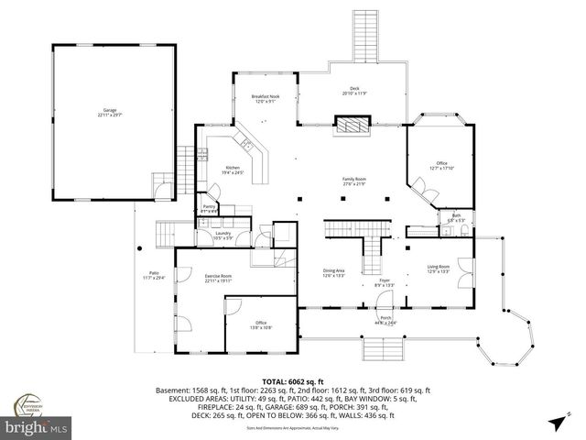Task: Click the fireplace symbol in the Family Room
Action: point(352,126)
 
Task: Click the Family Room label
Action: point(354,182)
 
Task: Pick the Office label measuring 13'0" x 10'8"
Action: point(259,324)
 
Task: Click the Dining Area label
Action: point(333,272)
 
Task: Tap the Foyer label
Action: point(384,283)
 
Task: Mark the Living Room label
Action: point(438,269)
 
